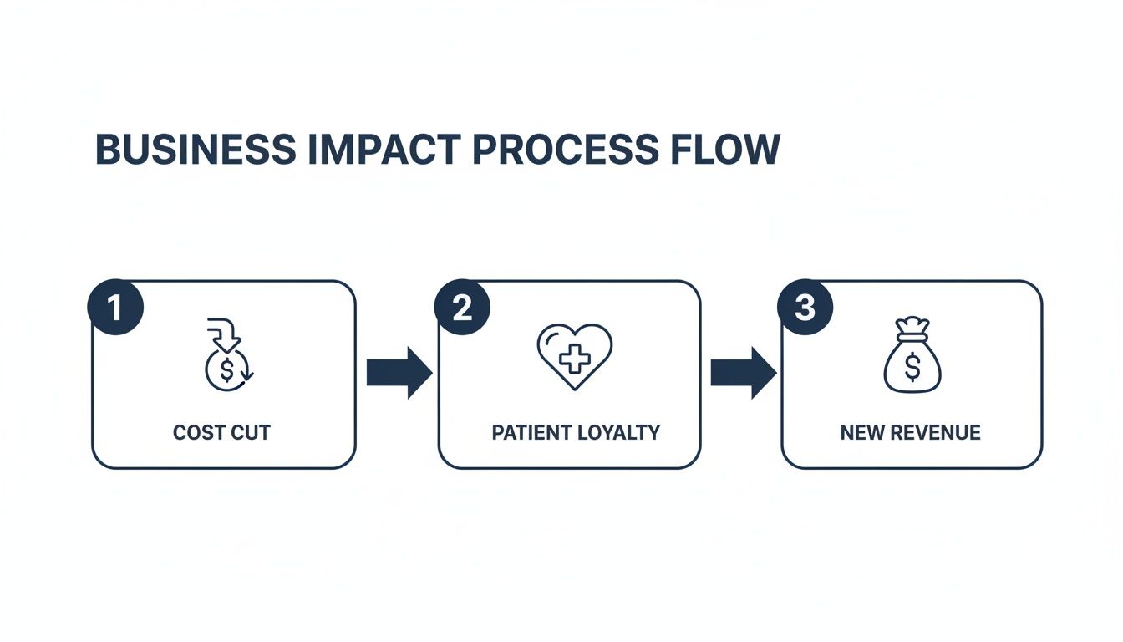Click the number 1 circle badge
click(115, 308)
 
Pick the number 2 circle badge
click(462, 308)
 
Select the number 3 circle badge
click(805, 308)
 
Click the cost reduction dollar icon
click(227, 354)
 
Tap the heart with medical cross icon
click(575, 356)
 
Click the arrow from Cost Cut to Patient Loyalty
click(399, 373)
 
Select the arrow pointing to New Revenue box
click(743, 373)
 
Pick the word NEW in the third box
click(860, 432)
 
